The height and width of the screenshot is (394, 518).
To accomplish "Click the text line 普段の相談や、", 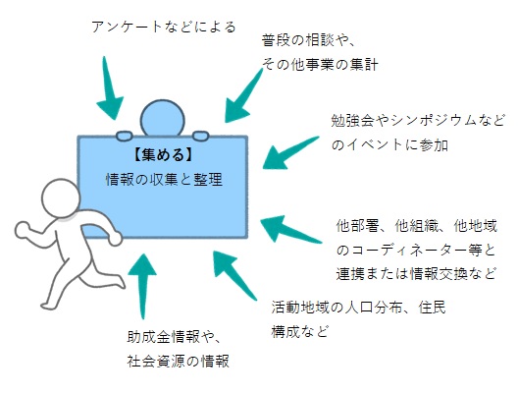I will [307, 40].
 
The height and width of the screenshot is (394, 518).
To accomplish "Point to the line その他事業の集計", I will [319, 65].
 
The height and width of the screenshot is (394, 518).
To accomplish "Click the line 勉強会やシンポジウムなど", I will [417, 121].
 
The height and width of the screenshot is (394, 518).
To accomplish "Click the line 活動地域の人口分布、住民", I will [358, 308].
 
